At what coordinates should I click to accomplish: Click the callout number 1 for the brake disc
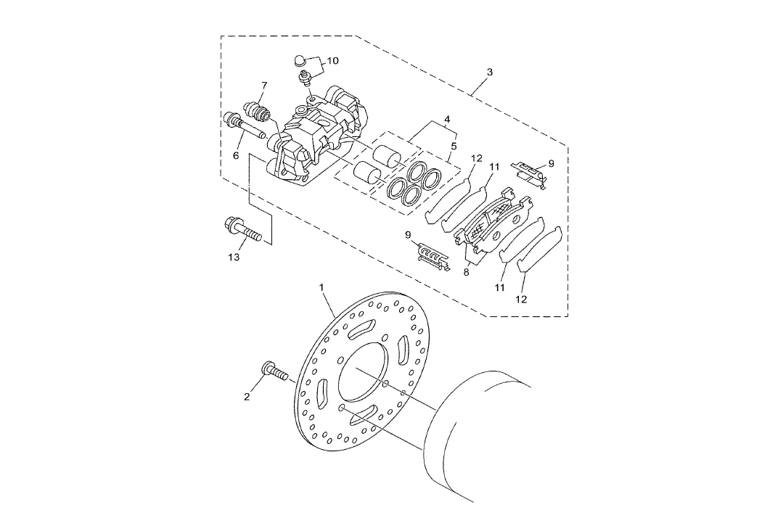322,287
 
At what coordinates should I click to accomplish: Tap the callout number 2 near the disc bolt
247,397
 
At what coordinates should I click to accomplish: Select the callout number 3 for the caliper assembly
489,73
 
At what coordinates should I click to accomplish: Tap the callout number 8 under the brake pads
466,271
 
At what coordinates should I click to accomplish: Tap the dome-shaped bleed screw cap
300,61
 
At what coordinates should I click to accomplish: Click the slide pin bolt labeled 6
244,126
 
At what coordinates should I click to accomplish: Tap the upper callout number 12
476,158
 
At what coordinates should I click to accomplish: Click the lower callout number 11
499,288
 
